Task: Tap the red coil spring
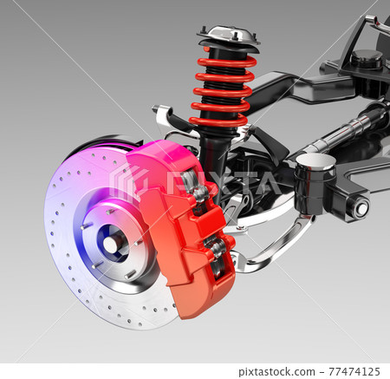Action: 223,91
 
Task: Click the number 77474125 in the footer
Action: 354,371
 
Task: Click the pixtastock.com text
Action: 277,371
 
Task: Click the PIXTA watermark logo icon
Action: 128,183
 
